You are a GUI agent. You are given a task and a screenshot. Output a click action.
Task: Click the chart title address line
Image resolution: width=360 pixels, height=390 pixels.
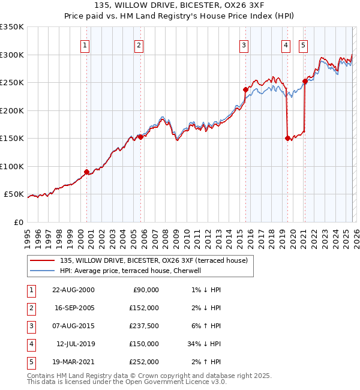pos(179,5)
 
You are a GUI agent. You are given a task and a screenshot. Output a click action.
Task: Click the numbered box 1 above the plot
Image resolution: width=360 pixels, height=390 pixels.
pos(85,45)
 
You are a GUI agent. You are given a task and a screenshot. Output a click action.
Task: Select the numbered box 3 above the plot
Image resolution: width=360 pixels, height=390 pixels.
pos(244,45)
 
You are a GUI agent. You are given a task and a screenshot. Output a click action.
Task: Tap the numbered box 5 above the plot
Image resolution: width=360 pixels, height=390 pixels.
pos(303,45)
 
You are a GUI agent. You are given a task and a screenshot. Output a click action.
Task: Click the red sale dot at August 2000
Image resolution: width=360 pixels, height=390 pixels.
pos(87,172)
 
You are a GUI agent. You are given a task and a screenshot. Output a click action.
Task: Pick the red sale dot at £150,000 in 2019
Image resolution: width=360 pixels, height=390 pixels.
pos(287,138)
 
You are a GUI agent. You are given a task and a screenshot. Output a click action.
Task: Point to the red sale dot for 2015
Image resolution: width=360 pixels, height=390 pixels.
pos(245,89)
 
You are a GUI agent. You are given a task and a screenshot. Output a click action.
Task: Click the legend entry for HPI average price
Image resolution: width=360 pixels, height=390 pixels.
pos(133,271)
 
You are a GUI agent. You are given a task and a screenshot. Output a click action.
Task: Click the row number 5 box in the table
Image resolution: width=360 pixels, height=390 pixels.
pos(31,362)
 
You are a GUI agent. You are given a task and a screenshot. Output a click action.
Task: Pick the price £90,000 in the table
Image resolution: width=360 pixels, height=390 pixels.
pos(145,290)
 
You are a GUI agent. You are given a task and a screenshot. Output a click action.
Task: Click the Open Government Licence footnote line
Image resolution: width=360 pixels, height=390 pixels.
pos(118,382)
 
